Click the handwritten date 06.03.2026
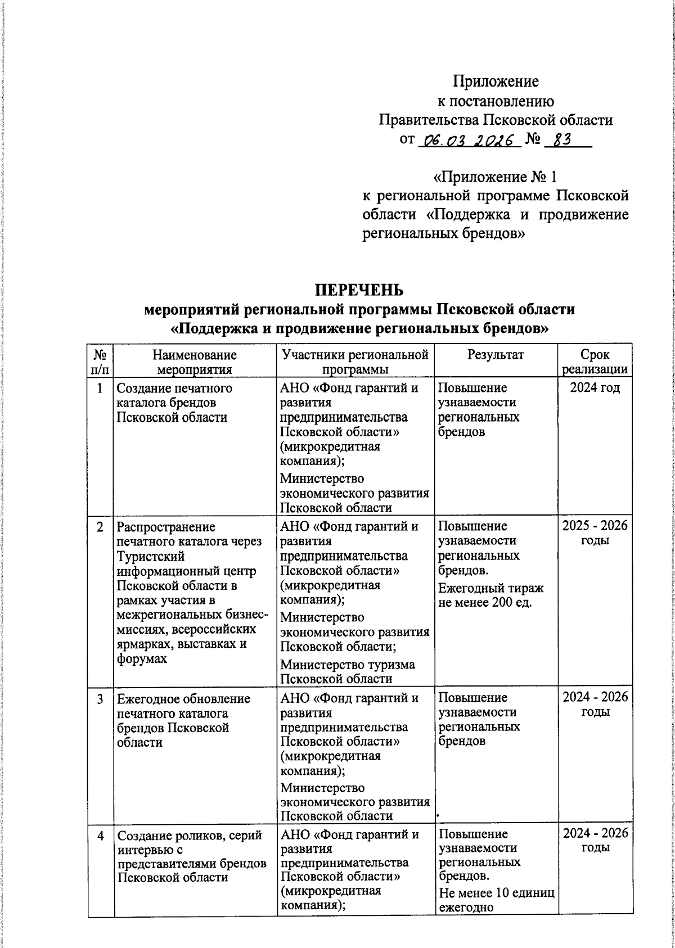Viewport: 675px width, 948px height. coord(470,140)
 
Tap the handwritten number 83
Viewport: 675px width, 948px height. coord(559,139)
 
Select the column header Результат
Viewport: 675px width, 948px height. coord(495,355)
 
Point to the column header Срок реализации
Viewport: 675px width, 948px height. coord(595,362)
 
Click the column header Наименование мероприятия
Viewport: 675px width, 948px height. coord(195,362)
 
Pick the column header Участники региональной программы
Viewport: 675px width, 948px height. coord(355,362)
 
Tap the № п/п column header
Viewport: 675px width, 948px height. coord(100,362)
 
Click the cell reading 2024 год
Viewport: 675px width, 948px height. coord(595,388)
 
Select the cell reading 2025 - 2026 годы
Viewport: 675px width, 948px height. coord(595,533)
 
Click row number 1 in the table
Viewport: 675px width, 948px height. coord(100,388)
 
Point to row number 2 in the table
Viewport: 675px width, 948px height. coord(100,527)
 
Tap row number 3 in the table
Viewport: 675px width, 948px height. coord(100,698)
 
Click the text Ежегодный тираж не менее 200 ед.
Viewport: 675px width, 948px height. coord(490,595)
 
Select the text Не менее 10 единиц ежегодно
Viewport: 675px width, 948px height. coord(496,900)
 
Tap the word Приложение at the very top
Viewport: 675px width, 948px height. coord(496,82)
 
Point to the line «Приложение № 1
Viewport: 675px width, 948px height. coord(495,177)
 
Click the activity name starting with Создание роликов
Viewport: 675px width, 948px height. coord(192,856)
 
